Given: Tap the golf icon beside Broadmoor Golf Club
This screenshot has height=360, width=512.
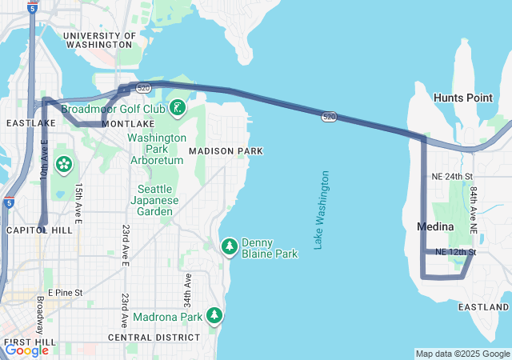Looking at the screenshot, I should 177,107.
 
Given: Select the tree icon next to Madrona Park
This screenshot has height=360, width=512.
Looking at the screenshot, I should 214,316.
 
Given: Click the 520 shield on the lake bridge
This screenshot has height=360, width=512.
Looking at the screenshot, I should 330,117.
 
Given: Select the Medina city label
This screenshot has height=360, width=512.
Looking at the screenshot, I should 435,227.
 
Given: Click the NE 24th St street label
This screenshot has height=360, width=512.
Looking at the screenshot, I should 452,176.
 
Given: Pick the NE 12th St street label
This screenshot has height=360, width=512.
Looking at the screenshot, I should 456,252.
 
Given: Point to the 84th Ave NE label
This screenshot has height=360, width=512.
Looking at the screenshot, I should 474,210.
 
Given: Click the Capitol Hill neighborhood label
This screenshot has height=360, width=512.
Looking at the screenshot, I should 29,230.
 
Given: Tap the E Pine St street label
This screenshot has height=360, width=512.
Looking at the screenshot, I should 65,293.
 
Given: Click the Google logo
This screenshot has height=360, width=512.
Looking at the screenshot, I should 26,350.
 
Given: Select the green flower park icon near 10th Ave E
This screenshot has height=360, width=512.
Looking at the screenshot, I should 64,166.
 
